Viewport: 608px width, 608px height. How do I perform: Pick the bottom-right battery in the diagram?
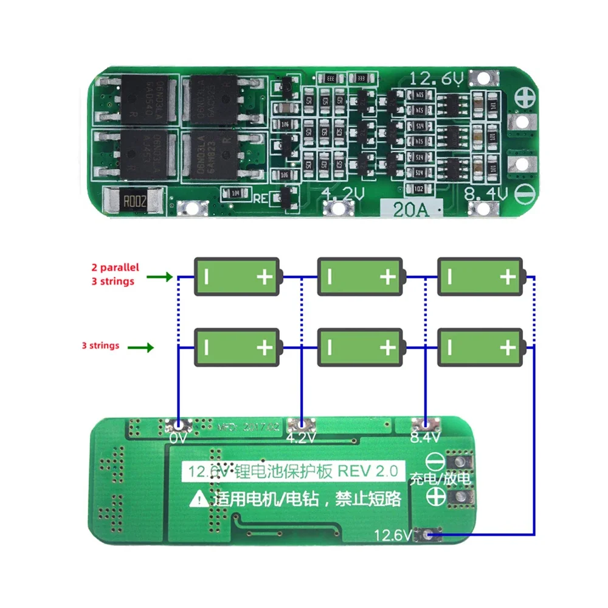point(480,348)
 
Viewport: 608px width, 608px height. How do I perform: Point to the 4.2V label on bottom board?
point(302,437)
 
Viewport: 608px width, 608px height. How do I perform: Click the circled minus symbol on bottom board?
point(433,461)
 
